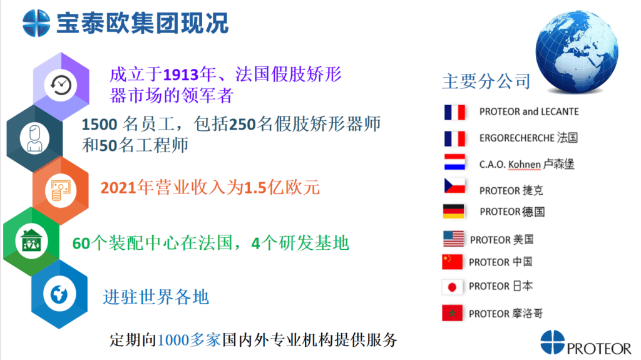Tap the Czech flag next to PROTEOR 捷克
point(454,186)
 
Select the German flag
point(454,212)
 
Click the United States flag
point(453,239)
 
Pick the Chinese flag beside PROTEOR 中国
point(452,262)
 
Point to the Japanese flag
point(452,287)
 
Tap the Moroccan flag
point(452,313)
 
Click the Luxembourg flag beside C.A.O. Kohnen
point(454,162)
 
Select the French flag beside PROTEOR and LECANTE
point(454,112)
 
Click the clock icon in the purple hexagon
point(61,85)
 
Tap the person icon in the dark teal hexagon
point(35,138)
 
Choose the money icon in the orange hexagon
point(61,190)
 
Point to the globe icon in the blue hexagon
point(59,294)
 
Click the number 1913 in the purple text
point(181,75)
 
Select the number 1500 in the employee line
point(100,125)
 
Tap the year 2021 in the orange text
point(118,188)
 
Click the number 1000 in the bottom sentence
point(173,340)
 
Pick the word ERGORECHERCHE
point(516,138)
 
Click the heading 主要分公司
point(486,81)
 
